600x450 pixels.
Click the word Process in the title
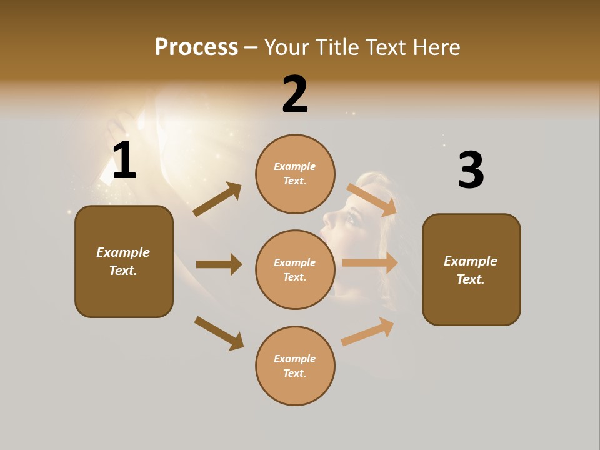[x=196, y=47]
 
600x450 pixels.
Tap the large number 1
[x=124, y=161]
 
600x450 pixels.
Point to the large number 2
[x=295, y=94]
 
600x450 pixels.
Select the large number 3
[x=471, y=170]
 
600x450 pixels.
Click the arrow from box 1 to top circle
[x=217, y=199]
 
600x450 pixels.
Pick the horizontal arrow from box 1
[x=219, y=264]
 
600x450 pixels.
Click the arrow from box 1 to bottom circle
[x=219, y=333]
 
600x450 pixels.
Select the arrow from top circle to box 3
[x=371, y=199]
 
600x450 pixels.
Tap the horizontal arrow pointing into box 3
[x=370, y=263]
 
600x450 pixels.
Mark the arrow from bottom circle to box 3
[x=367, y=332]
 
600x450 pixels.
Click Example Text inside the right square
[x=471, y=270]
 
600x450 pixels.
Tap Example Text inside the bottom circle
[x=295, y=366]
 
